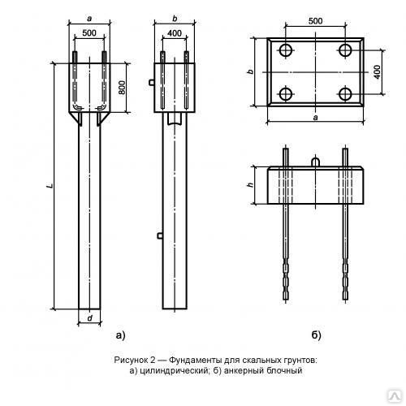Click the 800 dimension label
tap(122, 88)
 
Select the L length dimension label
tap(50, 186)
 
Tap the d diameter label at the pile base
tap(90, 318)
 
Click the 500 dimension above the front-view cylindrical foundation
tap(89, 32)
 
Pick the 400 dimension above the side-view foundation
tap(175, 33)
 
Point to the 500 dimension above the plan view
tap(315, 21)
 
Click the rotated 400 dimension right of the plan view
tap(377, 72)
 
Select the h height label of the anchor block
tap(251, 185)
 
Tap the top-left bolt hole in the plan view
tap(286, 50)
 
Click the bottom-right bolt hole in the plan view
tap(345, 93)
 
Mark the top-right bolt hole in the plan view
tap(345, 50)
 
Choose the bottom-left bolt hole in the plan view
tap(286, 93)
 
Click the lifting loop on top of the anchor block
tap(316, 162)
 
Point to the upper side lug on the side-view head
tap(152, 82)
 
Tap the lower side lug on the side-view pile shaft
tap(160, 235)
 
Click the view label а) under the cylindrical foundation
tap(120, 335)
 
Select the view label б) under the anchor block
tap(316, 335)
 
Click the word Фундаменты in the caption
tap(194, 361)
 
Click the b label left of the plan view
tap(251, 71)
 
